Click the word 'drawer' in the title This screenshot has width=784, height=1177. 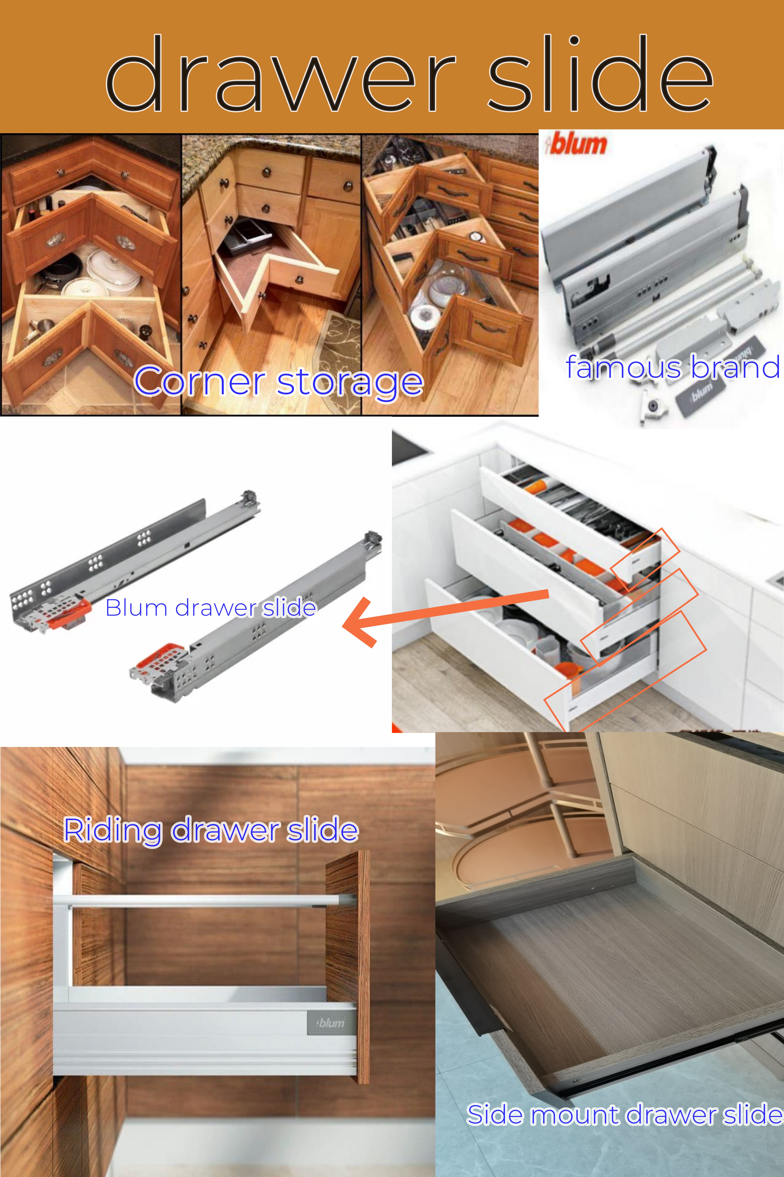(x=280, y=75)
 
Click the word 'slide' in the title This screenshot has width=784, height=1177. (x=600, y=75)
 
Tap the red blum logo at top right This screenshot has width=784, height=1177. (x=577, y=144)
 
